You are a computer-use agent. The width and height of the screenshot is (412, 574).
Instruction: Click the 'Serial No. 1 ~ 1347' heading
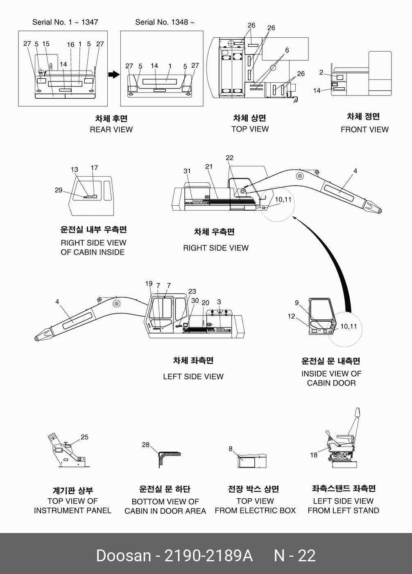click(x=65, y=22)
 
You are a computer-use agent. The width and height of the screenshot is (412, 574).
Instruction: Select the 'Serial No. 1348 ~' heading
click(x=165, y=22)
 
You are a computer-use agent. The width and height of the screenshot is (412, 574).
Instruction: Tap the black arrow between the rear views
click(x=113, y=75)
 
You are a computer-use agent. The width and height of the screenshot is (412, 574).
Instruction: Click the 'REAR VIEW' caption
click(x=111, y=129)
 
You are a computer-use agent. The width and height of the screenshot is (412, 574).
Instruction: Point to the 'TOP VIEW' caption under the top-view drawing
click(x=250, y=129)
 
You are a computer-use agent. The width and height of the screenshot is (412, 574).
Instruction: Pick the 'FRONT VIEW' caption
click(x=364, y=129)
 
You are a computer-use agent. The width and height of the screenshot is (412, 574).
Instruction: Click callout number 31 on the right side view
click(x=187, y=171)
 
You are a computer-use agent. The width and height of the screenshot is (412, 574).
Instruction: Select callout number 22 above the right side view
click(x=229, y=158)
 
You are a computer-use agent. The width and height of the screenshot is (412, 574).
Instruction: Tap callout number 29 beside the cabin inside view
click(x=59, y=190)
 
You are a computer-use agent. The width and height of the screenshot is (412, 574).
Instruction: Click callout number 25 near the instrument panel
click(x=84, y=437)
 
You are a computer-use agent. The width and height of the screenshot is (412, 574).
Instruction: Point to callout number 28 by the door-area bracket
click(x=146, y=445)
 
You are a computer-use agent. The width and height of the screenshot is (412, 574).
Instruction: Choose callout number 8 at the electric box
click(x=231, y=449)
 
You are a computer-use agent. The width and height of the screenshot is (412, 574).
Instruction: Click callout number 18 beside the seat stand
click(x=314, y=455)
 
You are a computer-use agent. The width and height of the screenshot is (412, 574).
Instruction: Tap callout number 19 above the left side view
click(x=149, y=284)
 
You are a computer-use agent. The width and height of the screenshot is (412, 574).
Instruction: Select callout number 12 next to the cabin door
click(x=291, y=316)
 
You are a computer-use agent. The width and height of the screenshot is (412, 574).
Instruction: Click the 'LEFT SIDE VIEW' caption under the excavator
click(x=193, y=376)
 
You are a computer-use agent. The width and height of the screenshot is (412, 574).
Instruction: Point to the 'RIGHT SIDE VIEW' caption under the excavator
click(x=215, y=248)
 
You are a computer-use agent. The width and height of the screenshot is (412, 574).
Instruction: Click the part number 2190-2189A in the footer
click(x=208, y=556)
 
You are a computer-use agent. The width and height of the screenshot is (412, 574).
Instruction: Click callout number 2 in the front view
click(x=321, y=73)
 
